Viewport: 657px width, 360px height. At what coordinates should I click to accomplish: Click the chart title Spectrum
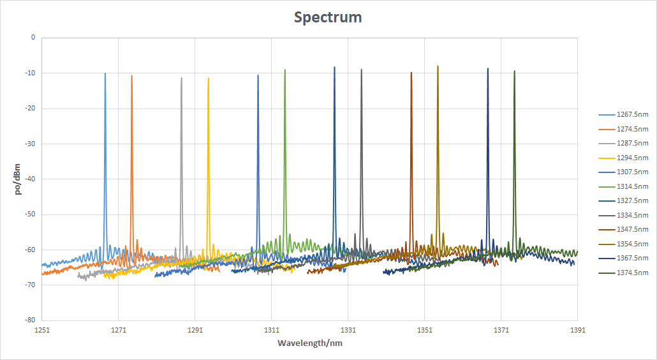[x=328, y=17]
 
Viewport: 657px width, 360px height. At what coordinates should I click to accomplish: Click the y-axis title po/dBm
[x=18, y=179]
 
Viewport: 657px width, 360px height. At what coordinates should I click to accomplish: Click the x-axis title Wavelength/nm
[x=309, y=343]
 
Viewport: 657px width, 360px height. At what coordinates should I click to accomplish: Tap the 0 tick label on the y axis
[x=33, y=38]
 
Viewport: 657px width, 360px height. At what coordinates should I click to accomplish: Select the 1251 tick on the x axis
[x=42, y=330]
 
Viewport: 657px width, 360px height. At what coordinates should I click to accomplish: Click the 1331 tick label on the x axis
[x=348, y=330]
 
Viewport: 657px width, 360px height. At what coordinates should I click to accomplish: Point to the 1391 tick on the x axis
[x=577, y=330]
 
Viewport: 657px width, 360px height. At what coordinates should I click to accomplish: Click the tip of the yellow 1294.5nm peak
[x=208, y=79]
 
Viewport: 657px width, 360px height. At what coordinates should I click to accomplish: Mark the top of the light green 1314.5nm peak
[x=284, y=70]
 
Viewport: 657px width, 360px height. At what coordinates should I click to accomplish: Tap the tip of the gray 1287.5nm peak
[x=181, y=79]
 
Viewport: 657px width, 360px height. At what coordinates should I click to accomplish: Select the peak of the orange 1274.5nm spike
[x=131, y=75]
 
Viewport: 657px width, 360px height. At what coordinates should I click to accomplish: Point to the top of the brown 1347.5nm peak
[x=411, y=73]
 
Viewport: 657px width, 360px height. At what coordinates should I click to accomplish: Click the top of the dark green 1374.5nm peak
[x=514, y=71]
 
